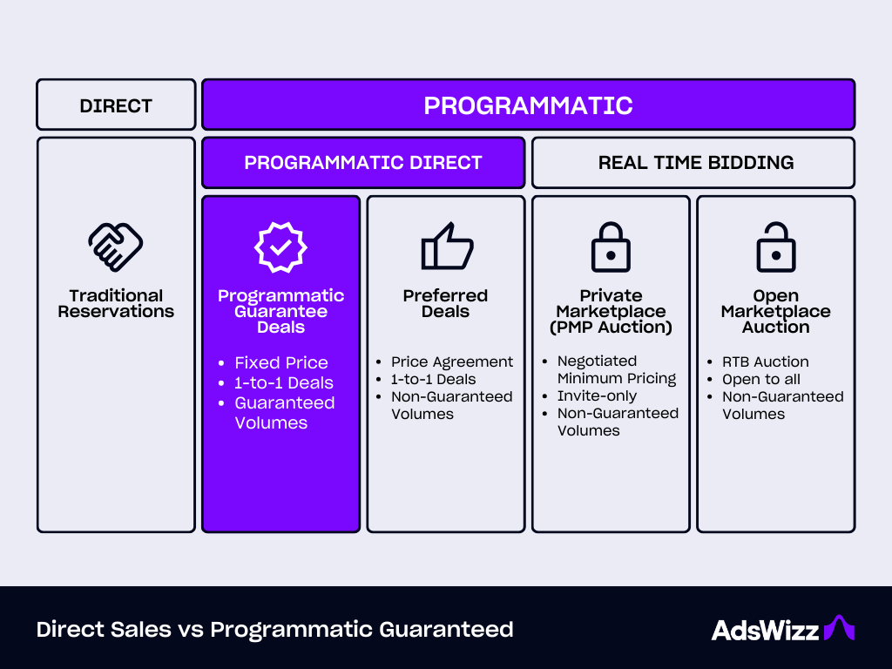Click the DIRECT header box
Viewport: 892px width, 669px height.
(x=116, y=105)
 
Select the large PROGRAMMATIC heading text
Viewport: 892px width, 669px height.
(x=528, y=105)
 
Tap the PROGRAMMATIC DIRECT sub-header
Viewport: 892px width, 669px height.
(x=363, y=163)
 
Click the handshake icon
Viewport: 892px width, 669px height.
(x=116, y=246)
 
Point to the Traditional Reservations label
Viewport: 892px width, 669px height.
(x=116, y=304)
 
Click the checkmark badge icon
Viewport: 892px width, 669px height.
(x=280, y=246)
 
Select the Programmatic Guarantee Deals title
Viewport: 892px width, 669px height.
(x=280, y=312)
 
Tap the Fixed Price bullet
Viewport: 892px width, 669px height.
(x=280, y=362)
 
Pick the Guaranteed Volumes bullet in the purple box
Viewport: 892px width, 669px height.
(x=284, y=413)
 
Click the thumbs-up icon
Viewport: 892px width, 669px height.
(x=446, y=246)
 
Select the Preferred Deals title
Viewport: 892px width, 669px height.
(x=445, y=304)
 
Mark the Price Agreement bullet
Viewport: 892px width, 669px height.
(x=451, y=362)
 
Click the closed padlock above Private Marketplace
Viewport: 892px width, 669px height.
(x=611, y=246)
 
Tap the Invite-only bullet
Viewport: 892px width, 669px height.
(x=597, y=395)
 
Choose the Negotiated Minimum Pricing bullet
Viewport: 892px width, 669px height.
(x=616, y=369)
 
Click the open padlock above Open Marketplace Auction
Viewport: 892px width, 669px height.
(x=775, y=246)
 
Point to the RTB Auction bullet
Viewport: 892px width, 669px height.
(x=765, y=362)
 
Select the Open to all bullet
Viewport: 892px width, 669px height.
(x=760, y=379)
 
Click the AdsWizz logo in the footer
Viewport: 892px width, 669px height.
(x=782, y=629)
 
